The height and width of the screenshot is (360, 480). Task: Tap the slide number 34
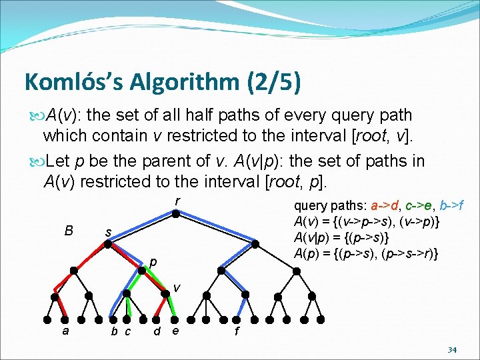[x=451, y=349]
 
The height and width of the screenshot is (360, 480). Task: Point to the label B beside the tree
[x=69, y=231]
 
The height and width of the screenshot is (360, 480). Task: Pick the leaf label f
[x=237, y=331]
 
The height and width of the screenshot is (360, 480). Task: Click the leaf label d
[x=156, y=331]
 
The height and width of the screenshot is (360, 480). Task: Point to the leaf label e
[x=175, y=331]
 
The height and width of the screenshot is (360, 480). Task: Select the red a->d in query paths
[x=383, y=204]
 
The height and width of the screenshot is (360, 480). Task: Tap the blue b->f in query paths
[x=457, y=204]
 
